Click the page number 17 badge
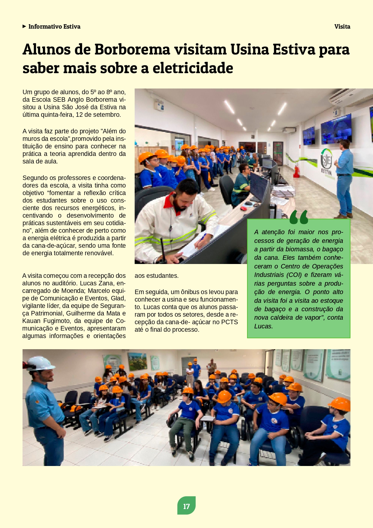coord(186,506)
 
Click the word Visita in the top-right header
coord(342,26)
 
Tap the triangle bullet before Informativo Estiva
coord(24,26)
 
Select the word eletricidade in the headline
coord(193,68)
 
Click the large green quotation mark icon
coord(299,217)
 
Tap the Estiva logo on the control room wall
coord(326,163)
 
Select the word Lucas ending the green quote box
coord(263,326)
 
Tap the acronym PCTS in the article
coord(229,322)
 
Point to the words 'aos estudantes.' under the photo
coord(157,276)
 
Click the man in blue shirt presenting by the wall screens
coord(344,178)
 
